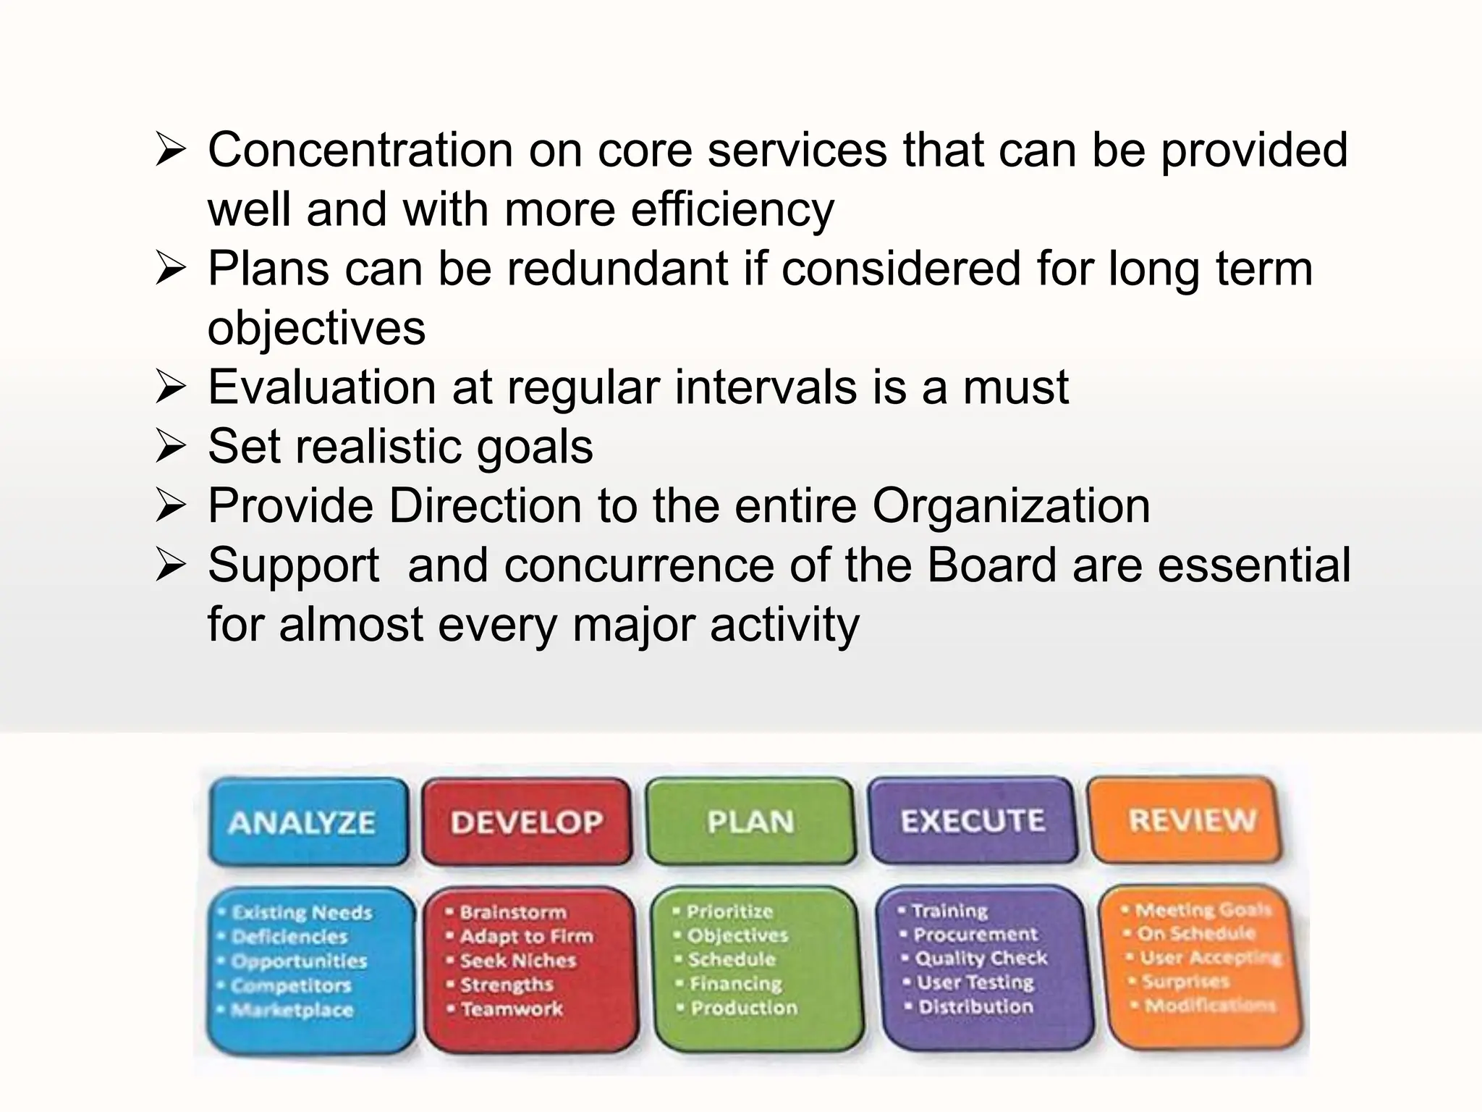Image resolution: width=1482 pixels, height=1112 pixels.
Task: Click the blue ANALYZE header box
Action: tap(308, 822)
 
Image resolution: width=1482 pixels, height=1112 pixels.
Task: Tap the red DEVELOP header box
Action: tap(526, 822)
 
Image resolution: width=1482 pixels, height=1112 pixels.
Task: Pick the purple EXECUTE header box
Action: tap(973, 820)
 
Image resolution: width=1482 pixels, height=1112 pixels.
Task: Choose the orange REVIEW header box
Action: tap(1191, 820)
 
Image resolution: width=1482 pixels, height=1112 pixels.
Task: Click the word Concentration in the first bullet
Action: tap(360, 150)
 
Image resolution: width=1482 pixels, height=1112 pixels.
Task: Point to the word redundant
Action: tap(617, 269)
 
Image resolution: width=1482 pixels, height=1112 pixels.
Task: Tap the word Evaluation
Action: tap(321, 387)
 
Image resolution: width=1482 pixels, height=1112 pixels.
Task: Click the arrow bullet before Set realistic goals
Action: tap(171, 447)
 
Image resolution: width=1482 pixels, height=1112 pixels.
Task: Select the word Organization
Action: tap(1011, 505)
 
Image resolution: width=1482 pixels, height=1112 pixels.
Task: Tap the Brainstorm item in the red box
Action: tap(512, 912)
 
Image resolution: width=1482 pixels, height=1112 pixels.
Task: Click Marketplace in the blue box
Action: tap(291, 1009)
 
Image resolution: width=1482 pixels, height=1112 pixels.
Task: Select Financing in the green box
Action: tap(735, 983)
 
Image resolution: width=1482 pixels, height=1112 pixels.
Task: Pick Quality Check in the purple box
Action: tap(981, 958)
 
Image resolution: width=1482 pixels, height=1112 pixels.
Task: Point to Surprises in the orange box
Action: tap(1185, 981)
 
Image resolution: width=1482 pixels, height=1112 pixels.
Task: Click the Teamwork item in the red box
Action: tap(511, 1008)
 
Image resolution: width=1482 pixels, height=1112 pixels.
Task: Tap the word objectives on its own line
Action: tap(316, 328)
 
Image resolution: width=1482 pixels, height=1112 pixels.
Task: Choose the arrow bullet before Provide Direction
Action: tap(171, 506)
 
